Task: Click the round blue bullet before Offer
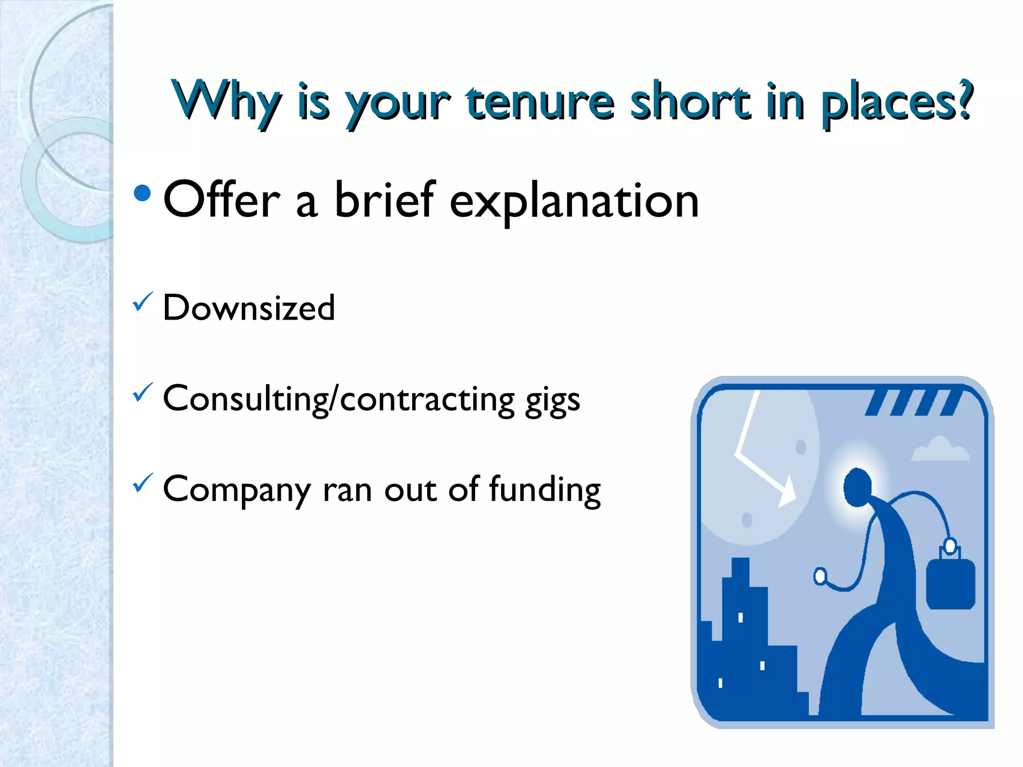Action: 142,193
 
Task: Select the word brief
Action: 385,199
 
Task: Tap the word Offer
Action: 222,199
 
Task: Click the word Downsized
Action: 249,308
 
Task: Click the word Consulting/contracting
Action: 339,399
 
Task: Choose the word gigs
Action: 552,401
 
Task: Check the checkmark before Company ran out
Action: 142,483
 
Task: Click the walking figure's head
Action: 857,487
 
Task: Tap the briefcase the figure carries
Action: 951,582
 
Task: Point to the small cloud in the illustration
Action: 940,449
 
